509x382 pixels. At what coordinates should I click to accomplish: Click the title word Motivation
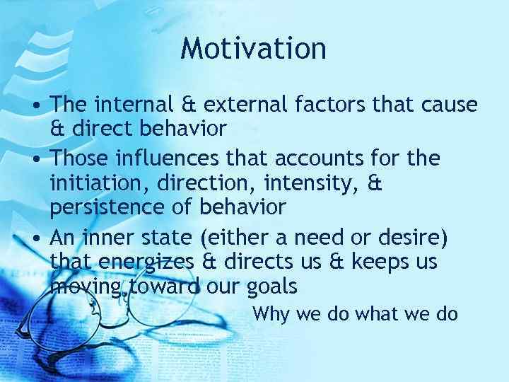click(253, 49)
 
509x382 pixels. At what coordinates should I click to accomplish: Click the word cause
click(450, 105)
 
